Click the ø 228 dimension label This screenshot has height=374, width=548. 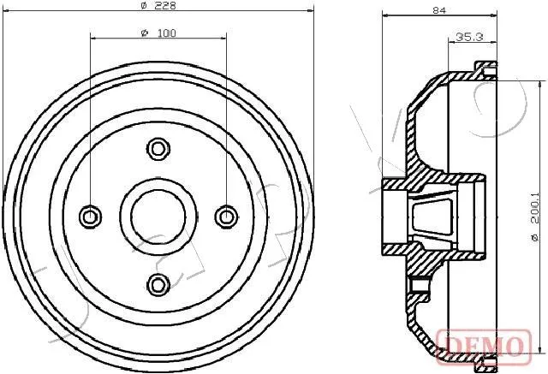(x=158, y=5)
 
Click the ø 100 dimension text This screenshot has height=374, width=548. (x=158, y=33)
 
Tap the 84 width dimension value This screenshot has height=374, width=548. (x=439, y=10)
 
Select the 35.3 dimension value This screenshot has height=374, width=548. (x=469, y=36)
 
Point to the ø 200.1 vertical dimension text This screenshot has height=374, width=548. (x=534, y=217)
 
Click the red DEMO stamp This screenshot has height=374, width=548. (x=484, y=346)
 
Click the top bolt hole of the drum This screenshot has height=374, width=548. (x=158, y=149)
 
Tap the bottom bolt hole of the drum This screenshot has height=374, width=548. (x=158, y=285)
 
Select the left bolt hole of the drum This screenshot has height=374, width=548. (x=90, y=217)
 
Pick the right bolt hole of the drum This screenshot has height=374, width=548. (x=226, y=217)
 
